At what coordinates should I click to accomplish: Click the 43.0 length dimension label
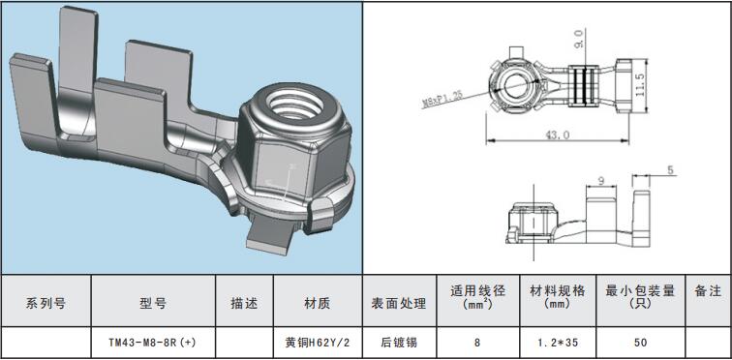click(x=558, y=135)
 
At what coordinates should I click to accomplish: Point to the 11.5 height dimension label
click(x=641, y=84)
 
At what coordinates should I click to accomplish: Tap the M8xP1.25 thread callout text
click(x=442, y=100)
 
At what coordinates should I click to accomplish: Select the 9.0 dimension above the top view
click(x=579, y=39)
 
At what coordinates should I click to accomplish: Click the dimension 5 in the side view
click(x=670, y=170)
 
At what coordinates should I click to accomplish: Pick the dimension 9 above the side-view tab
click(x=601, y=181)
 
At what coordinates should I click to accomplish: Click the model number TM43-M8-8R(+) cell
click(x=153, y=343)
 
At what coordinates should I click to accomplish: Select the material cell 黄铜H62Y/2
click(x=317, y=343)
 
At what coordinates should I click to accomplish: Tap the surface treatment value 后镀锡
click(x=399, y=343)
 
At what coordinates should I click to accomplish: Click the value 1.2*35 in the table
click(x=558, y=343)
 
